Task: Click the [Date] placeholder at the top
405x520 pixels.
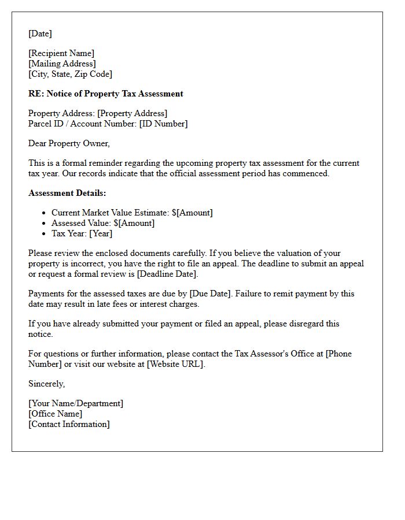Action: (40, 34)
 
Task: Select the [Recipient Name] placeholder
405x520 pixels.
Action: (61, 53)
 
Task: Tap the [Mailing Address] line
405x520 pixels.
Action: (62, 64)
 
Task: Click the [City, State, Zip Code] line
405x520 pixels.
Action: (70, 74)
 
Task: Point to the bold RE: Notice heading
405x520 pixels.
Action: (105, 94)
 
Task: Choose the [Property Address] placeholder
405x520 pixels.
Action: (132, 113)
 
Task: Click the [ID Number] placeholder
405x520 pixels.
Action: (163, 124)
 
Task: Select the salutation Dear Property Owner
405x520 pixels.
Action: (69, 143)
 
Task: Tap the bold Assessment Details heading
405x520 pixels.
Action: (67, 193)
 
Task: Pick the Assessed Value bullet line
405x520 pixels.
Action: (103, 223)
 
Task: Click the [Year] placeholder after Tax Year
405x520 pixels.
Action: (101, 233)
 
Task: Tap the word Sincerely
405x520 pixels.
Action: (46, 384)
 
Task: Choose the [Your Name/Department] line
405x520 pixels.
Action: (76, 403)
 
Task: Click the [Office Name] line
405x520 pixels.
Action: (55, 414)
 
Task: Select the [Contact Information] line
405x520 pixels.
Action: (69, 424)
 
